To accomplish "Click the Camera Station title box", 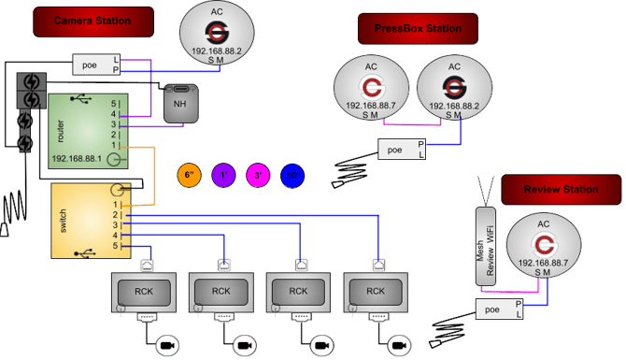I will tap(92, 22).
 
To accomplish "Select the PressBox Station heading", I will tap(418, 28).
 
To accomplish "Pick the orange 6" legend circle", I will tap(190, 175).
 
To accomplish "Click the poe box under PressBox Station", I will tap(396, 148).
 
